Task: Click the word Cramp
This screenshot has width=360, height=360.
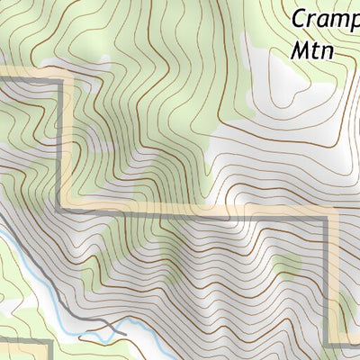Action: (x=324, y=20)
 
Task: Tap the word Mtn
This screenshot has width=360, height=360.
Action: (x=312, y=50)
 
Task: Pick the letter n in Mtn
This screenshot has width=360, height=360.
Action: (x=328, y=52)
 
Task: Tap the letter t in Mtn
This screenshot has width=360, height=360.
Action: (x=316, y=50)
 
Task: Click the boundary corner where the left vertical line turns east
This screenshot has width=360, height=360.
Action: (x=63, y=211)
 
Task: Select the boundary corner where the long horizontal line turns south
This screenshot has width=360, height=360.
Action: (x=328, y=217)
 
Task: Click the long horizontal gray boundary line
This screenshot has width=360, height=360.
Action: (x=198, y=214)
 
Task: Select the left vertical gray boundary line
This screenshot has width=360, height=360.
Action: (x=63, y=144)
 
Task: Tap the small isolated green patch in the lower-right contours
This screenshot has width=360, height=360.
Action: (x=286, y=264)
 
